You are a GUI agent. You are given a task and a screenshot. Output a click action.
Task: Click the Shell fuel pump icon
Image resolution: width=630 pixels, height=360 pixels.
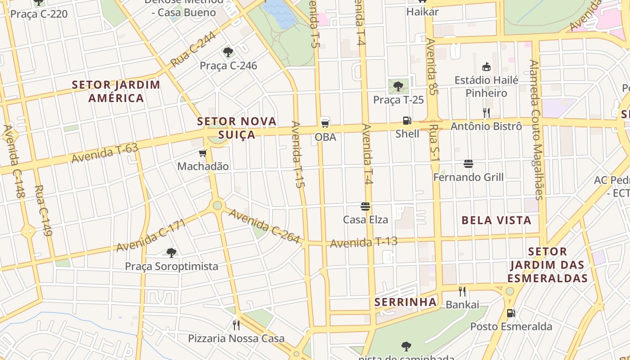[407, 121]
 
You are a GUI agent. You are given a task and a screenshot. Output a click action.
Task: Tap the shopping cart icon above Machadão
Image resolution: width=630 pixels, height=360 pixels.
[203, 153]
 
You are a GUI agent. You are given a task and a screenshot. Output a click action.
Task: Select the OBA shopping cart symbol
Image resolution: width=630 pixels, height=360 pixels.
[325, 122]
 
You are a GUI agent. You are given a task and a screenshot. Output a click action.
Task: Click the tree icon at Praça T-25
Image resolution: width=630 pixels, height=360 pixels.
[398, 86]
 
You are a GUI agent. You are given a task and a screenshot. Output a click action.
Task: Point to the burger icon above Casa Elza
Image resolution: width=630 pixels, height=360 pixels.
[365, 207]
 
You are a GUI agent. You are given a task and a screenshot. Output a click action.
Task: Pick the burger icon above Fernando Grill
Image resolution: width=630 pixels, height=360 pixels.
[468, 164]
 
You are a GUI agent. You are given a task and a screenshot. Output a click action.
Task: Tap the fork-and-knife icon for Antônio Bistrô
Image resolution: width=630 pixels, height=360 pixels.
[486, 112]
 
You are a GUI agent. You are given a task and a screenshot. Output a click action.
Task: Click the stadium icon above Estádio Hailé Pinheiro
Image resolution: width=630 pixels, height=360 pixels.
[486, 67]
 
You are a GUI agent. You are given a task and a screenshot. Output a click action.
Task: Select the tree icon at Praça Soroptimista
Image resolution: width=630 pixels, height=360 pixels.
[171, 253]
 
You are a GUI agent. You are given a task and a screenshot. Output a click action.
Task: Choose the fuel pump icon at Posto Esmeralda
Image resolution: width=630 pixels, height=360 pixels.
[511, 313]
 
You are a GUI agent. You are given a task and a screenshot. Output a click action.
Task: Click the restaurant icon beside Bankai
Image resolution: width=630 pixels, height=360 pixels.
[462, 292]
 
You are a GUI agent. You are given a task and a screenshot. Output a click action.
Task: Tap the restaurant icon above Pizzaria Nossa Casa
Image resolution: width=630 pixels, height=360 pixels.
[236, 325]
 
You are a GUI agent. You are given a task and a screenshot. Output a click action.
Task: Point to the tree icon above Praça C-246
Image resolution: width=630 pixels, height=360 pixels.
[228, 52]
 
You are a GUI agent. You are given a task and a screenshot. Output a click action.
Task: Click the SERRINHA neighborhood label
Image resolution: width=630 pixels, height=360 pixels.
[405, 302]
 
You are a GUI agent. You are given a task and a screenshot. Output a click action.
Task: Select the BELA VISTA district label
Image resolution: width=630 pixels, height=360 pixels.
[496, 220]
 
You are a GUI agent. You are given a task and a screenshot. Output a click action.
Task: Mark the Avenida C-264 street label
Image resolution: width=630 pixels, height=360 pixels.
[264, 226]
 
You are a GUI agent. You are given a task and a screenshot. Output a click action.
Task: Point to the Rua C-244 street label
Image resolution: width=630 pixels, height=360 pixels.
[193, 50]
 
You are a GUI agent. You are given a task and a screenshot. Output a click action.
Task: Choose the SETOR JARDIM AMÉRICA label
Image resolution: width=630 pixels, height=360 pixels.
[116, 91]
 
